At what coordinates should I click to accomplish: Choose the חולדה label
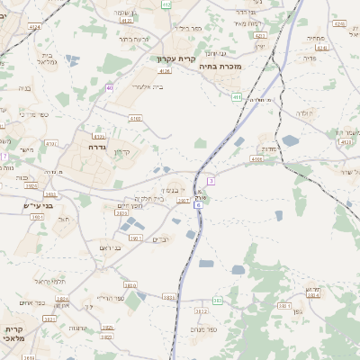304,113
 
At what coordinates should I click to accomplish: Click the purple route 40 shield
109,87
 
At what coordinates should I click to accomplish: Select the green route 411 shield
237,96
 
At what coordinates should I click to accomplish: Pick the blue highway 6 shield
198,204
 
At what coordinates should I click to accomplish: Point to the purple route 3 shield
210,181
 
